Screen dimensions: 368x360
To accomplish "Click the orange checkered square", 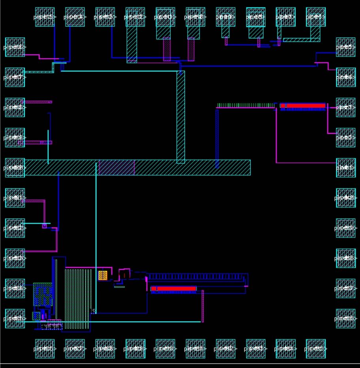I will [x=103, y=275].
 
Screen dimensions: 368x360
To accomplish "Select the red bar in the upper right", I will [x=305, y=106].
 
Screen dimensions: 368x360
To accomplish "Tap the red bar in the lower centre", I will [x=174, y=289].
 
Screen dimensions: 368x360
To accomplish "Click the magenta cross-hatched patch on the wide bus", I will [x=117, y=167].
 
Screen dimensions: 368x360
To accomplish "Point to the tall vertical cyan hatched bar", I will [x=181, y=117].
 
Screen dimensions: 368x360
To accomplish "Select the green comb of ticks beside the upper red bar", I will [x=245, y=105].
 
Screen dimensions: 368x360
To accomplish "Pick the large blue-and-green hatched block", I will [x=43, y=294].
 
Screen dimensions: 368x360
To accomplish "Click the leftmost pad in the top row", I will [x=45, y=17].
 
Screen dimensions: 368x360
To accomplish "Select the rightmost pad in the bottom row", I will [x=316, y=349].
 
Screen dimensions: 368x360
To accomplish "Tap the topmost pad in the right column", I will [x=346, y=47].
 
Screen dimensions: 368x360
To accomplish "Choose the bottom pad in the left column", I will [x=15, y=319].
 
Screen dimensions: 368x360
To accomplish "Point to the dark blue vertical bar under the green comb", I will [x=217, y=138].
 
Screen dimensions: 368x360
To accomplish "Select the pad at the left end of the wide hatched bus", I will [x=15, y=167].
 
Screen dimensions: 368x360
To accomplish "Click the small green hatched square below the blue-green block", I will [x=36, y=316].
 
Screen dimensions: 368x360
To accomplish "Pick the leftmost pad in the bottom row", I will [x=45, y=349].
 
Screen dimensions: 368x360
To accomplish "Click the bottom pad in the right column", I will [x=346, y=319].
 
